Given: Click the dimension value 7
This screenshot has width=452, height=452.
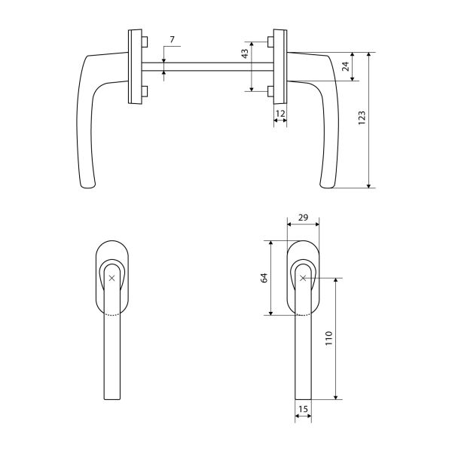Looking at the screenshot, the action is coord(172,39).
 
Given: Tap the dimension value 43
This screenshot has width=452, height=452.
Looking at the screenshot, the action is coord(245,54).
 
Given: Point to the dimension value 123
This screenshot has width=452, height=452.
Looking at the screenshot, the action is coord(362,118).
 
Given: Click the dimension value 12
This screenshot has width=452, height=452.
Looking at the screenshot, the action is coord(280,114).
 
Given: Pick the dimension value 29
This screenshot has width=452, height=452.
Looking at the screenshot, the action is coord(303,218).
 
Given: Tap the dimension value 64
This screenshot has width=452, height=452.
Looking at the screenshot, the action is coord(264,278).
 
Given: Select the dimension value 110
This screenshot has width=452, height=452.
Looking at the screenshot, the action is coord(329,338).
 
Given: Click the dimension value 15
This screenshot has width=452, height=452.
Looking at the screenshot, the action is coord(303,409).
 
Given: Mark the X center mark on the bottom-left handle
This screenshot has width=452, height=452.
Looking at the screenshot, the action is coord(111,278).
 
